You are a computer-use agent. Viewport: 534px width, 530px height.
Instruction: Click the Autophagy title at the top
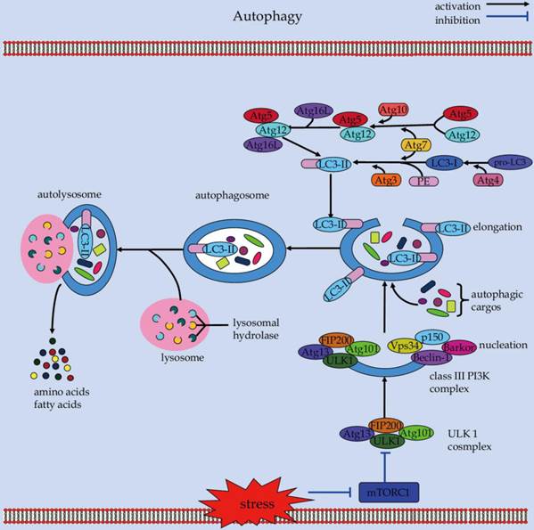(267, 17)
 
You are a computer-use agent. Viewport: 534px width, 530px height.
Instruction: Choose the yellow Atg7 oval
(415, 145)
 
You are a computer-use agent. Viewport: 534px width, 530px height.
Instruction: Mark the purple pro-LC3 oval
(508, 162)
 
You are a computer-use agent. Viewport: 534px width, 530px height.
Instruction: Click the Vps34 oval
(408, 346)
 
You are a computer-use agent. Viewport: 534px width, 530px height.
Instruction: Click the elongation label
(500, 227)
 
